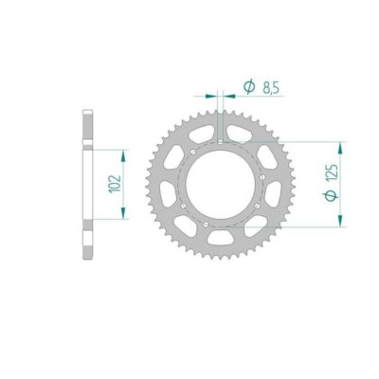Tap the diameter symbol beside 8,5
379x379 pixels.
tap(247, 88)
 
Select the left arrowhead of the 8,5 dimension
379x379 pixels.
tap(213, 95)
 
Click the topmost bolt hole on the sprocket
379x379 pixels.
tap(221, 144)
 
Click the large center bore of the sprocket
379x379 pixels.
tap(221, 185)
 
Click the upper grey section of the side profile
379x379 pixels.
tap(88, 128)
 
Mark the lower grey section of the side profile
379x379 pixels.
tap(88, 237)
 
